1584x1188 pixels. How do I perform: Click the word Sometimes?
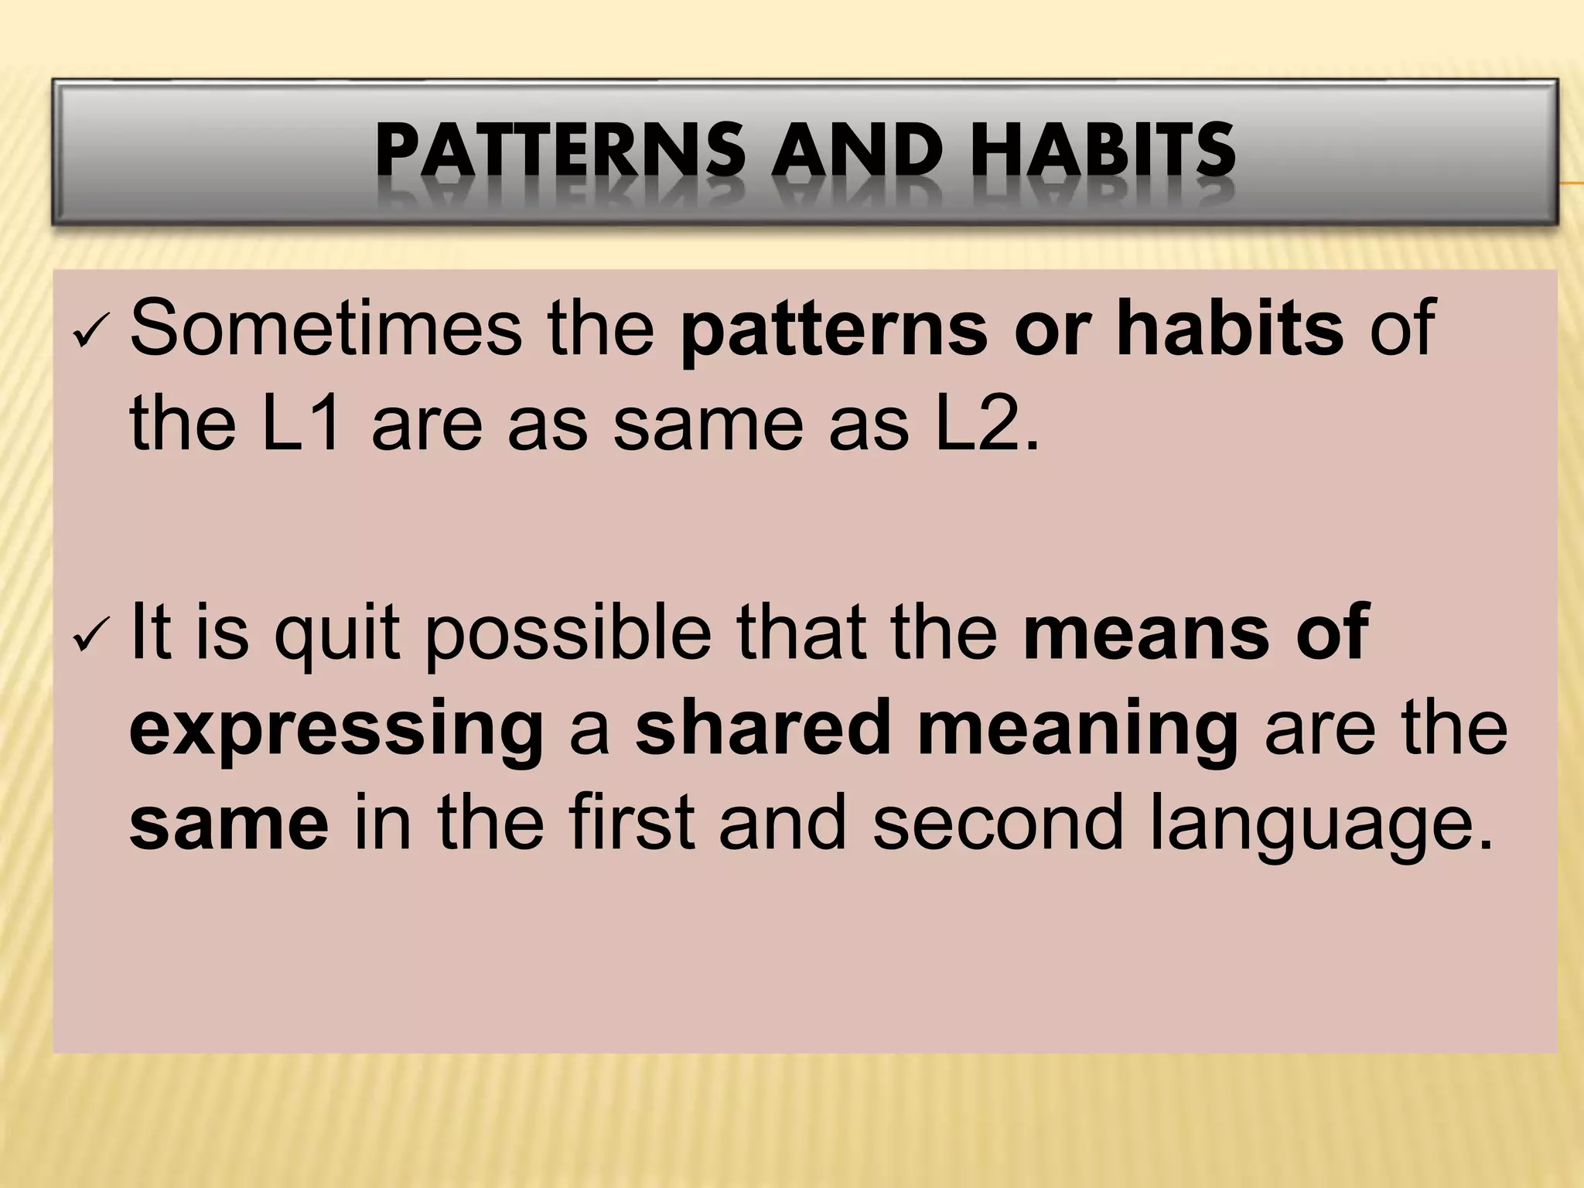(326, 327)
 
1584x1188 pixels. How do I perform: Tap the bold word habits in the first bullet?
(1230, 327)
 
